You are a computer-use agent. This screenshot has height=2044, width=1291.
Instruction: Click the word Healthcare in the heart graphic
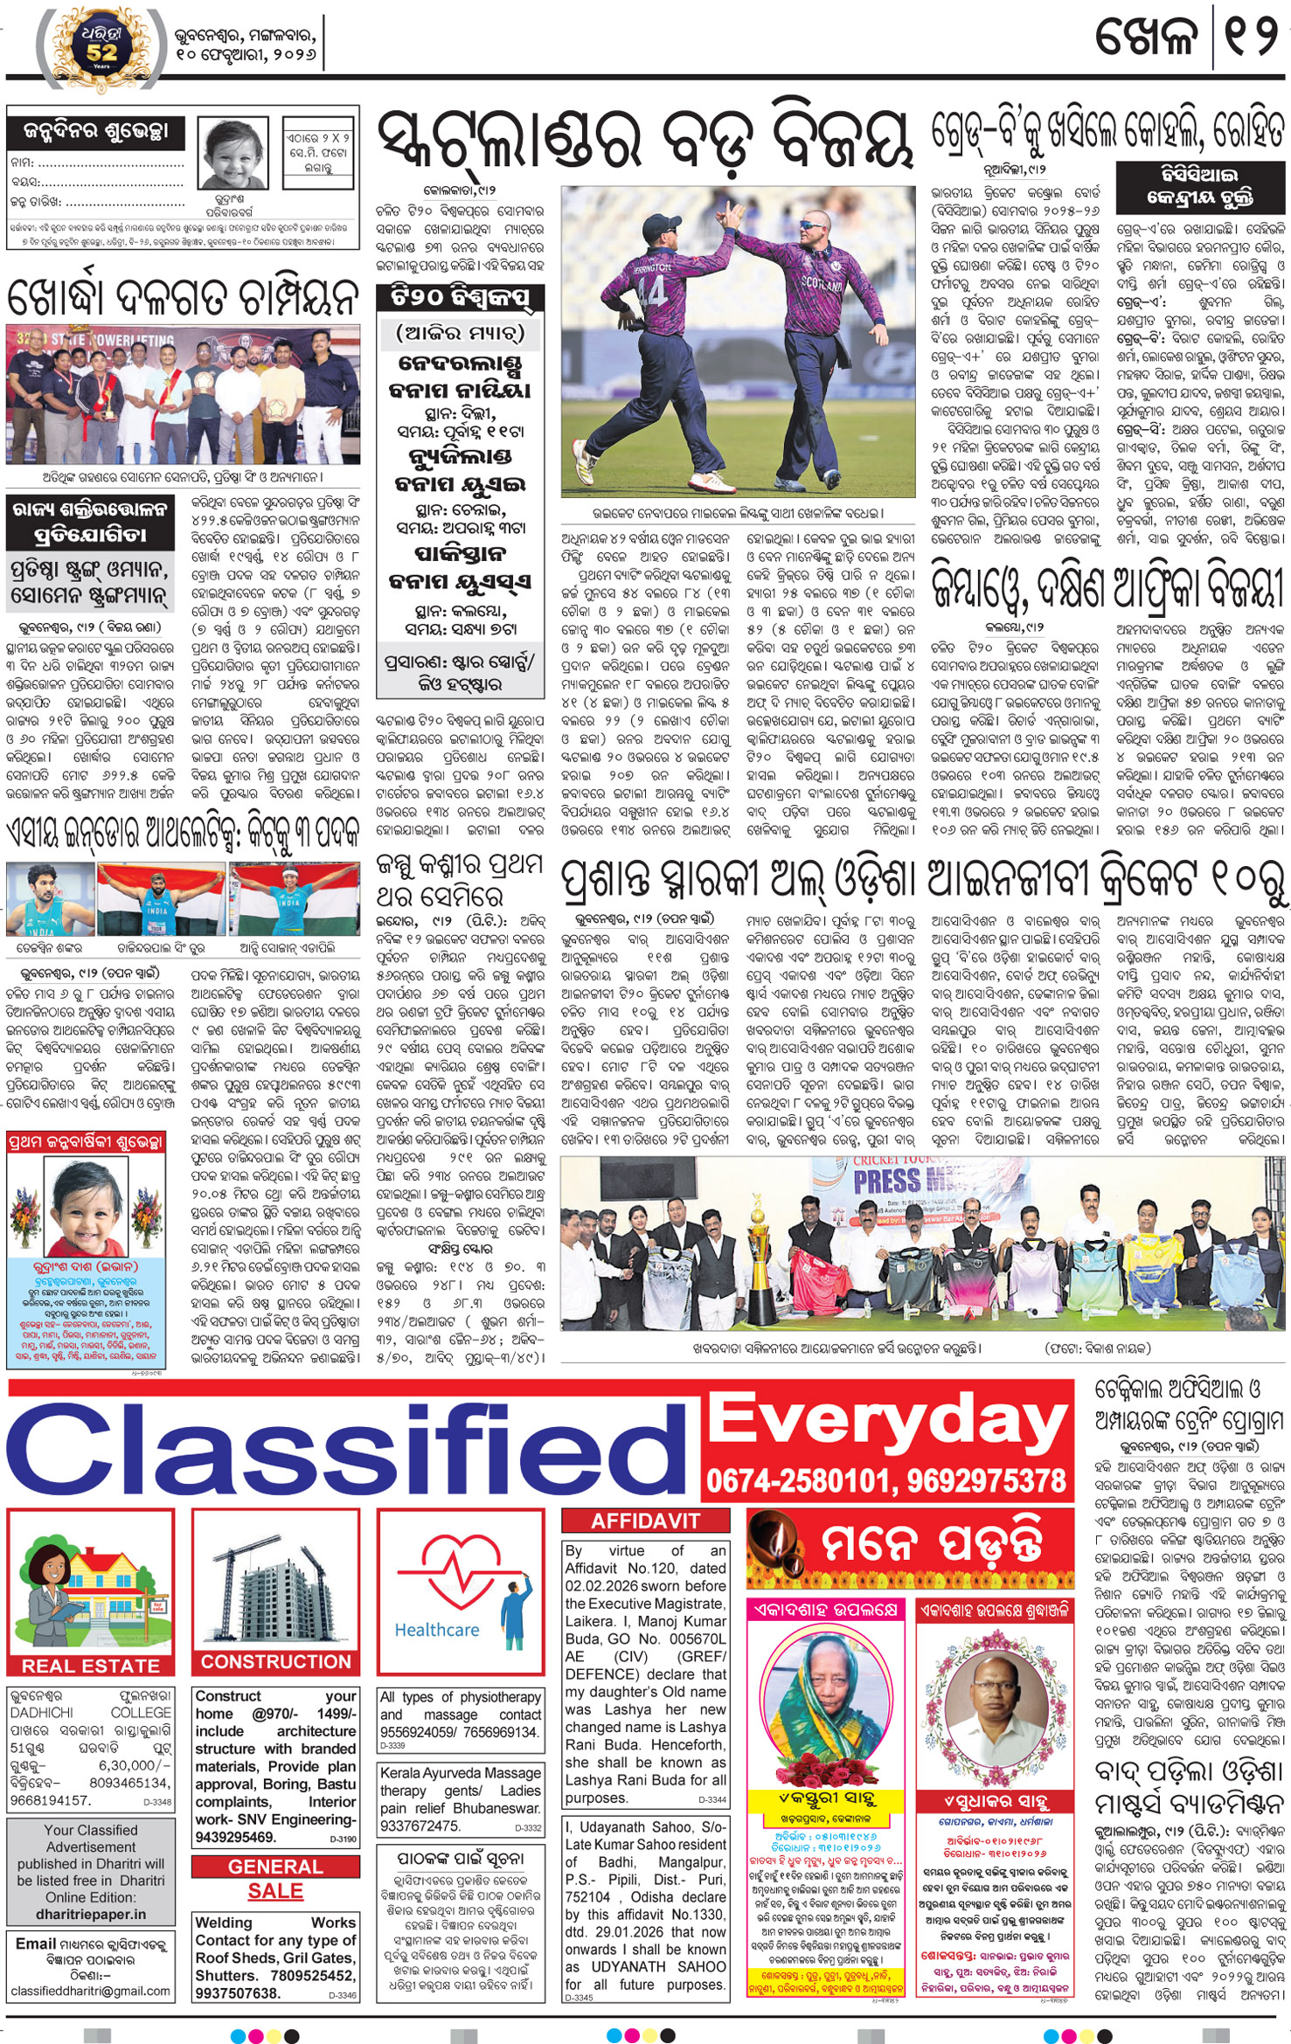436,1630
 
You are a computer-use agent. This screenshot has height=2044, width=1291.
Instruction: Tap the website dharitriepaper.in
91,1914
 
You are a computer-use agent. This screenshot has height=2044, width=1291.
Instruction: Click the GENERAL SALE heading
275,1878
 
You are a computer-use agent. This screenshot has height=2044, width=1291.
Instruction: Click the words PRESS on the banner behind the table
887,1181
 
